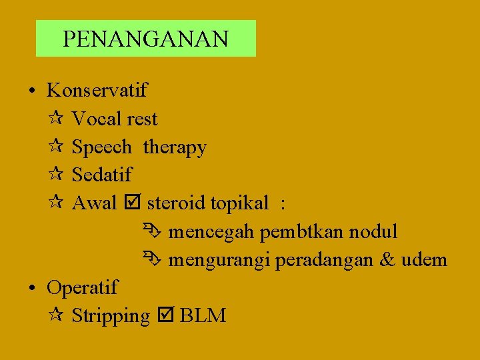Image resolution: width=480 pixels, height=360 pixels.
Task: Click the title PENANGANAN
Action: point(145,39)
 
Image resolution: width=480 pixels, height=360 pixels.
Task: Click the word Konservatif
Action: point(97,89)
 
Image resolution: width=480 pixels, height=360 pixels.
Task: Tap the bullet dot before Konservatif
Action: point(32,91)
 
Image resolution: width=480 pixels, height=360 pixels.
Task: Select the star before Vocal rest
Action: point(56,119)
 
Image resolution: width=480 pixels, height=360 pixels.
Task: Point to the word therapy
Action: point(175,147)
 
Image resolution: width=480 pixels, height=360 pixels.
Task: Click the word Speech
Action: point(101,147)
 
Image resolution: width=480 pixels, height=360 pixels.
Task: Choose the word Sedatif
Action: point(102,175)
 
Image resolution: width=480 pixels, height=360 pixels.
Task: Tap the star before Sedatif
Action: point(56,175)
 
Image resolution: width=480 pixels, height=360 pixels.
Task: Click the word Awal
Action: point(94,203)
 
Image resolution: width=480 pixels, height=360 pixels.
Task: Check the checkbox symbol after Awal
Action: point(132,203)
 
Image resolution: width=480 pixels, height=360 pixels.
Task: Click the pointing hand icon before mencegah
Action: point(149,232)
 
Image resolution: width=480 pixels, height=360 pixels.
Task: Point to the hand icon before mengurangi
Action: point(149,260)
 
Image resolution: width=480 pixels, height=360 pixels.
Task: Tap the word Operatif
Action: point(82,288)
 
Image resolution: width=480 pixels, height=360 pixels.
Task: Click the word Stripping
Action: point(111,316)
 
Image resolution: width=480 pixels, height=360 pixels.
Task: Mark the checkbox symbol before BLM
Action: point(165,316)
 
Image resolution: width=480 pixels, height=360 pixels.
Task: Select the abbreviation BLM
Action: point(203,316)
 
